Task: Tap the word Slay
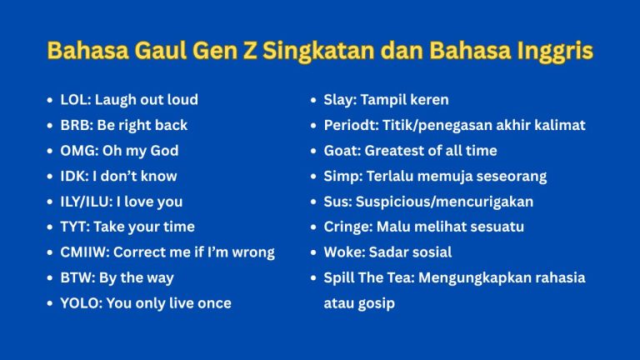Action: [337, 100]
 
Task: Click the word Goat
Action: [339, 151]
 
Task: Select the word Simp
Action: [339, 176]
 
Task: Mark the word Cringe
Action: [345, 227]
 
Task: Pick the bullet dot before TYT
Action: [50, 227]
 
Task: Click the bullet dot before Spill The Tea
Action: [312, 277]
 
